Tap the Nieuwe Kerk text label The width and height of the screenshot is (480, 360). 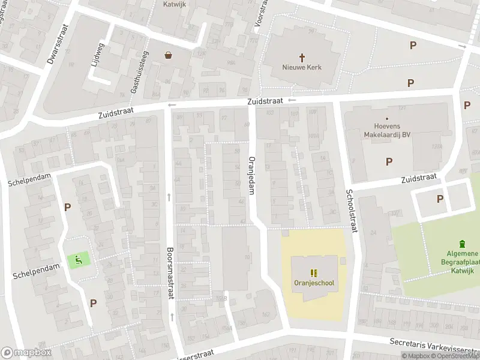[x=302, y=67]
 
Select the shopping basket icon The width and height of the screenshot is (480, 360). [x=169, y=55]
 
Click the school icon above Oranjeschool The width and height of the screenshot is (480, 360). [x=314, y=272]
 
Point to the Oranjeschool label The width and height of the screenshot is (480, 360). [x=314, y=283]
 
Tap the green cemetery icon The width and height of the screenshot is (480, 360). [x=461, y=244]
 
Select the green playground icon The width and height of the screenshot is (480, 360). [x=79, y=260]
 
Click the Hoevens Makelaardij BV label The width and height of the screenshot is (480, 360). [x=387, y=131]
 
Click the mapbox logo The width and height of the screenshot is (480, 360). [x=26, y=353]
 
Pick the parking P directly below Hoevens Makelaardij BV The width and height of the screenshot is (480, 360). [x=389, y=161]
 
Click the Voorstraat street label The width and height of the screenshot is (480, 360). [x=259, y=12]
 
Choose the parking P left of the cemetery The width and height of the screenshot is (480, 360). [x=440, y=199]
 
